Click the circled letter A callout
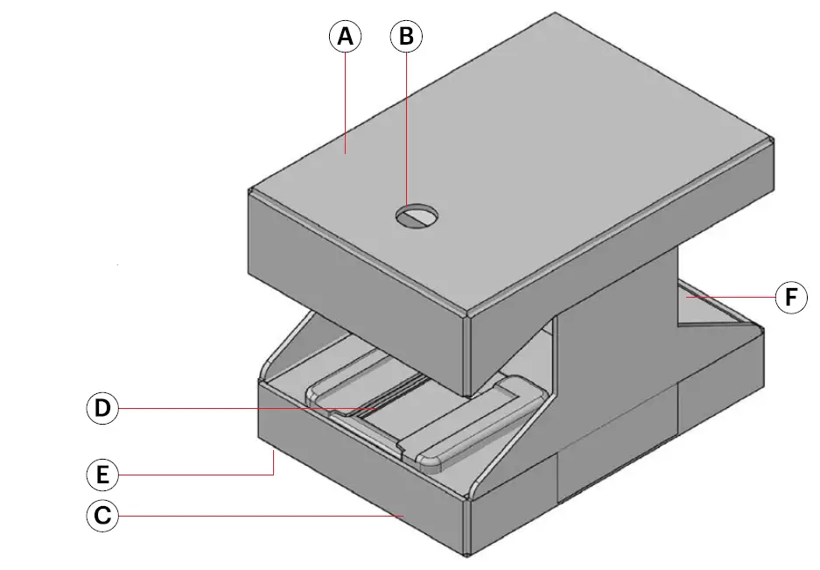pyautogui.click(x=345, y=37)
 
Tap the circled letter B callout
pyautogui.click(x=406, y=37)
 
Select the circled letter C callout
pyautogui.click(x=102, y=516)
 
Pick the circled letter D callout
pyautogui.click(x=102, y=408)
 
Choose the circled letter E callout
pyautogui.click(x=102, y=475)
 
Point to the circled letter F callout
pyautogui.click(x=791, y=298)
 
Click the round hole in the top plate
pyautogui.click(x=417, y=215)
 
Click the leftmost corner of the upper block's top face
pyautogui.click(x=249, y=190)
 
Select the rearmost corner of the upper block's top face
pyautogui.click(x=555, y=14)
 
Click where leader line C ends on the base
pyautogui.click(x=403, y=516)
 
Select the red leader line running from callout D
pyautogui.click(x=245, y=408)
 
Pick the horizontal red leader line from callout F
pyautogui.click(x=731, y=298)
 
